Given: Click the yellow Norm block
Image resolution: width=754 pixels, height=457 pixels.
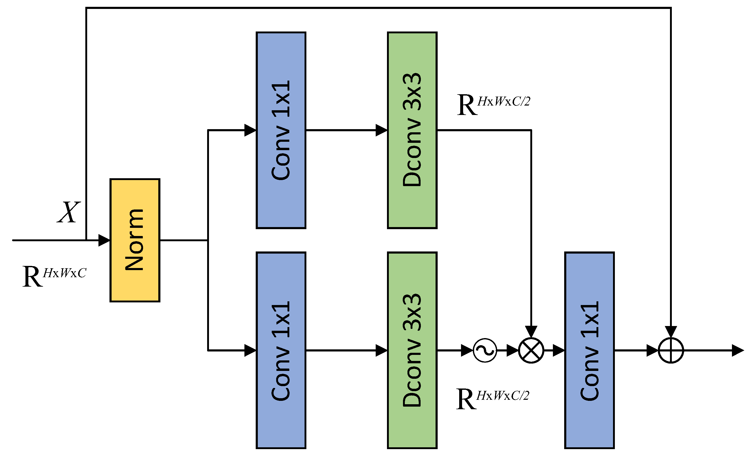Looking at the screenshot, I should [135, 240].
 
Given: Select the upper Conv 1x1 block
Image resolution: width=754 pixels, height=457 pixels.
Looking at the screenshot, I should [281, 130].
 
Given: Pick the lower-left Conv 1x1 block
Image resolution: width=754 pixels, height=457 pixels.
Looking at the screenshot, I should [281, 350].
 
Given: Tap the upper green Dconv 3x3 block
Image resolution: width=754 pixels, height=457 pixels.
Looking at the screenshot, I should [412, 130].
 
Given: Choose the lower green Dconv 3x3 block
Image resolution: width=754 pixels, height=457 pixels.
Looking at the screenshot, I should [412, 350].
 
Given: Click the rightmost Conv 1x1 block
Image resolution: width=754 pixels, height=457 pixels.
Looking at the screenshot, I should [589, 350].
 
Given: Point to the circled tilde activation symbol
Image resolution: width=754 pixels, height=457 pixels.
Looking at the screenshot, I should [485, 350].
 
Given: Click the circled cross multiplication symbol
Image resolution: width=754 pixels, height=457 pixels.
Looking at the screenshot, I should [531, 350].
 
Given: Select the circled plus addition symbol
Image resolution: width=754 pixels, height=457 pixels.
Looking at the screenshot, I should [671, 350].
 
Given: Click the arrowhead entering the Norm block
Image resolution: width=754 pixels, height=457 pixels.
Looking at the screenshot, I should [104, 240].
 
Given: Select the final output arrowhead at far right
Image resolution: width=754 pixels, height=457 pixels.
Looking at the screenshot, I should [737, 350].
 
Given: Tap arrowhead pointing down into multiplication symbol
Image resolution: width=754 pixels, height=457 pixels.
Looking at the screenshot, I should [531, 332].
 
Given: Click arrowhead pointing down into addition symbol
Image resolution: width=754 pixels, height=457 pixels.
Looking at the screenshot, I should [671, 332].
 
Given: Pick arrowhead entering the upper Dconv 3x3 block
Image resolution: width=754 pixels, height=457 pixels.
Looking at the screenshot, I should [381, 130].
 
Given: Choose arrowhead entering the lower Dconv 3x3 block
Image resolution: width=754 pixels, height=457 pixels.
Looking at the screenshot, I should [381, 350].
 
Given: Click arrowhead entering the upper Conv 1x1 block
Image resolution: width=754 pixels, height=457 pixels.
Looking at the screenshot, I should [250, 130].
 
